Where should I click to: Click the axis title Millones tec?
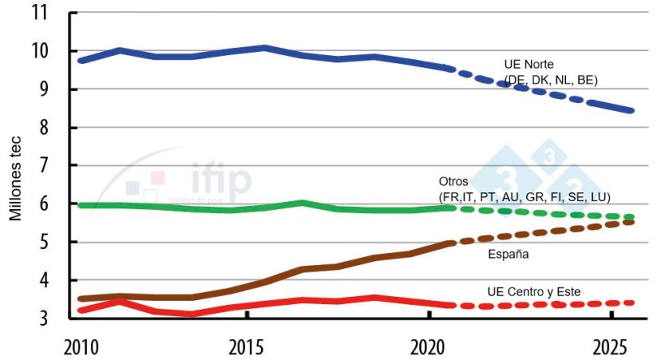pos(15,175)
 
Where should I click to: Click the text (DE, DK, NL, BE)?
pos(551,79)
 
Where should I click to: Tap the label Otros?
pos(454,182)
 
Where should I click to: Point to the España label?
pos(508,255)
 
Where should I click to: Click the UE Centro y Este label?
pos(534,291)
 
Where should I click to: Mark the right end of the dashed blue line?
pos(631,110)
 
